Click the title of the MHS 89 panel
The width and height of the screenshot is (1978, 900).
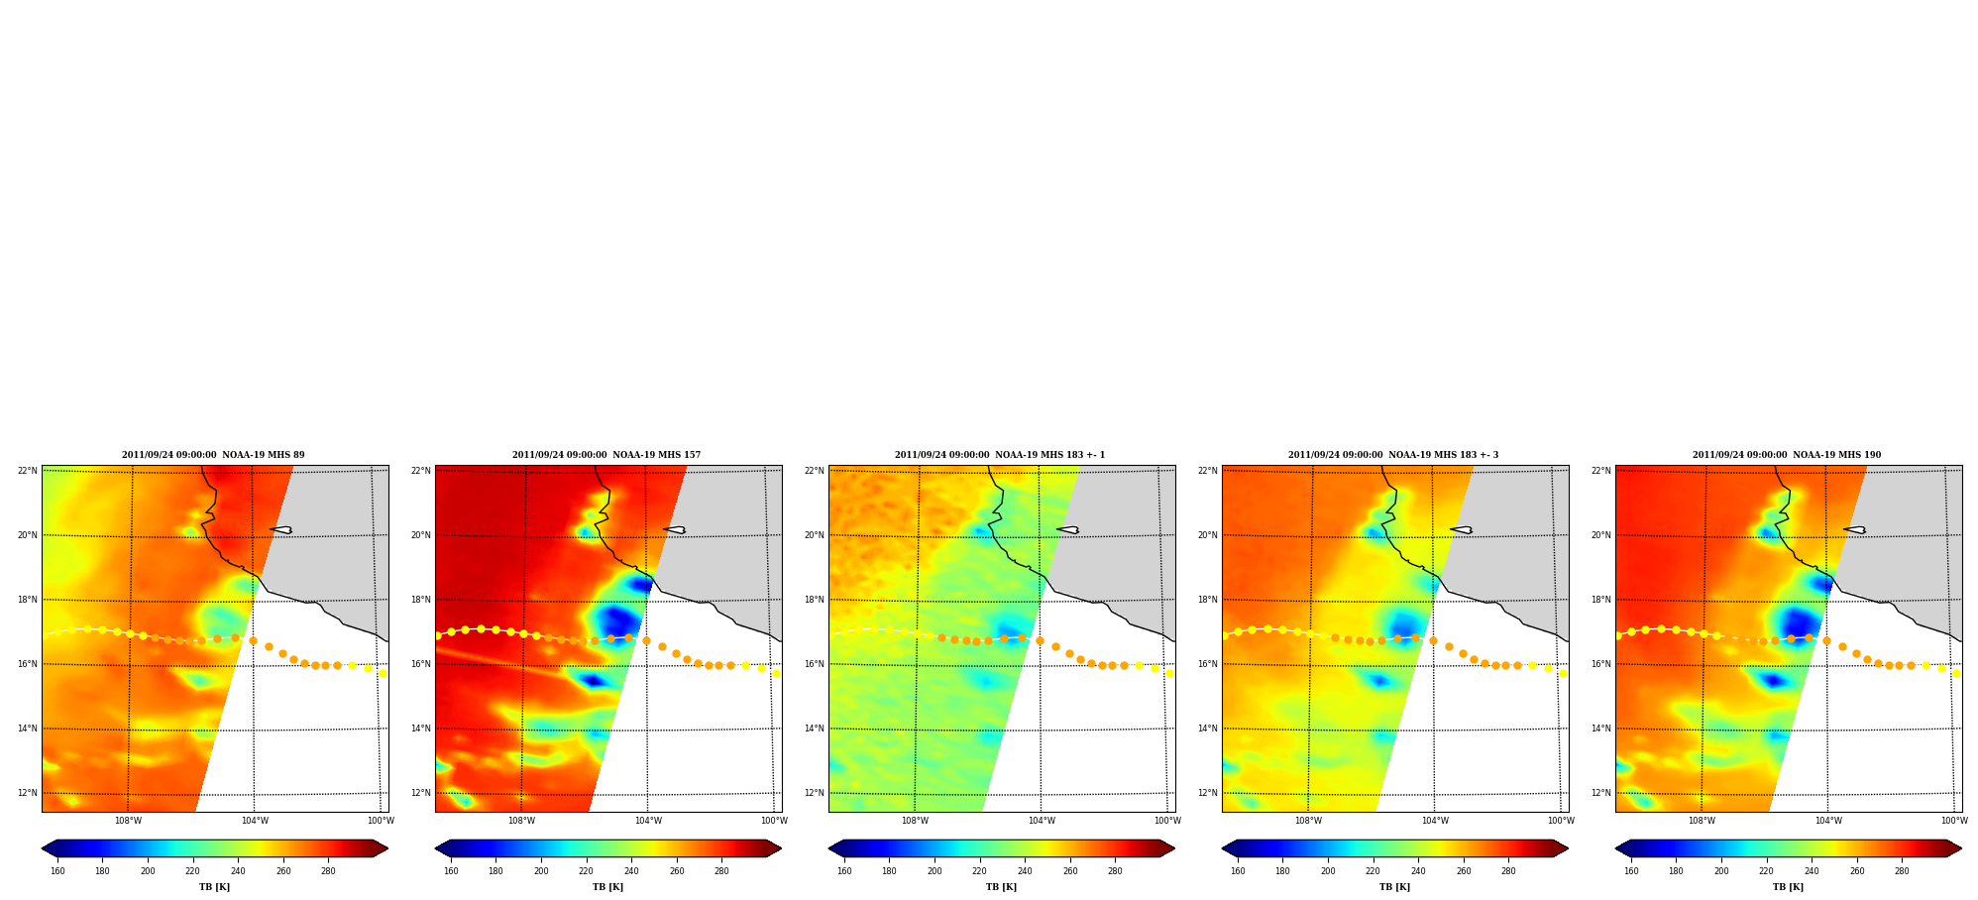[x=213, y=455]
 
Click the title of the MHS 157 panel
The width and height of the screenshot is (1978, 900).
[x=606, y=455]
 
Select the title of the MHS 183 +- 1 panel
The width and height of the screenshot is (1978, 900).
[x=1000, y=455]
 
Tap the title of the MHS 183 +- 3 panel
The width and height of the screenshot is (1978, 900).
[x=1393, y=455]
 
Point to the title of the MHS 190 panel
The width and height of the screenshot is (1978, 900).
[x=1787, y=455]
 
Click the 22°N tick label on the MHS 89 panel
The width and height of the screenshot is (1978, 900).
[x=28, y=471]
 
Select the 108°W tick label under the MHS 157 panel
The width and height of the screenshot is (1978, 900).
[x=521, y=821]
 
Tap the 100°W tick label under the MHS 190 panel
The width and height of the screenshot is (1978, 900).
[x=1954, y=821]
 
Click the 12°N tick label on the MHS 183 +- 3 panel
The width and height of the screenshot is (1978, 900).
[x=1208, y=793]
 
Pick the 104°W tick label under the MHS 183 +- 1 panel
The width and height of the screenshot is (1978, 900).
[x=1042, y=821]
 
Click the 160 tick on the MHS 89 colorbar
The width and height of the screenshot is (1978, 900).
[x=57, y=871]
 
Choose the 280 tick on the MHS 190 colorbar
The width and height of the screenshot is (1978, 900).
[x=1902, y=871]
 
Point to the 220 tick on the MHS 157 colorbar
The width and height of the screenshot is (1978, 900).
[x=586, y=871]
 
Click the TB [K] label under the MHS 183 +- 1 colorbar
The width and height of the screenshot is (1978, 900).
[x=1001, y=887]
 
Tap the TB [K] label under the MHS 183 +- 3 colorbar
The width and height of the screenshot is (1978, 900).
[x=1394, y=887]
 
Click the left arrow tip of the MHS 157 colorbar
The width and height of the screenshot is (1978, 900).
[x=436, y=848]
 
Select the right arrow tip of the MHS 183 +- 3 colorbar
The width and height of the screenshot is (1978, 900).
[x=1568, y=848]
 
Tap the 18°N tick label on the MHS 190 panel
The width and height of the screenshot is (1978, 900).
[x=1601, y=600]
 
